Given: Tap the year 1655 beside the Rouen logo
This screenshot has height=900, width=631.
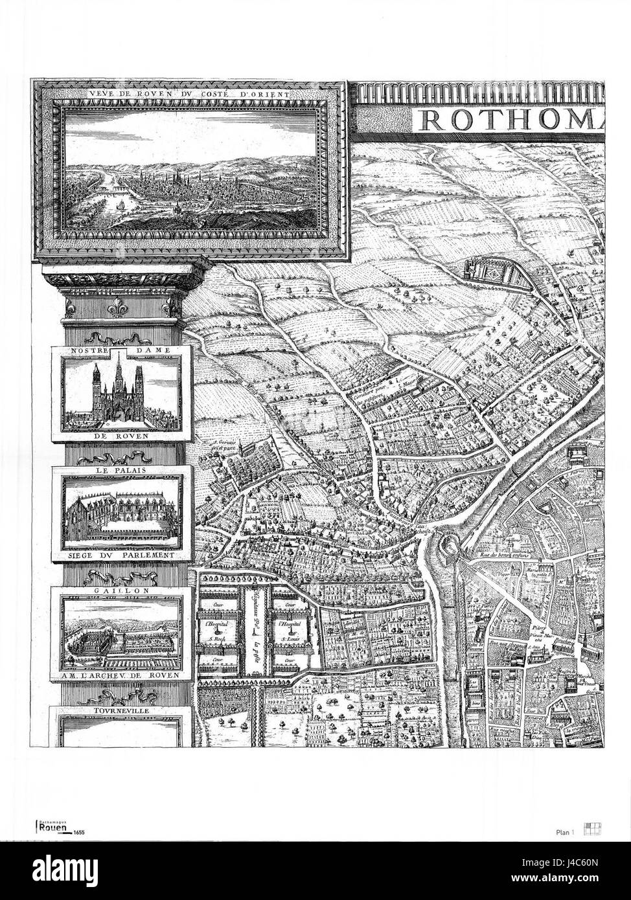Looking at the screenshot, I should click(80, 833).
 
